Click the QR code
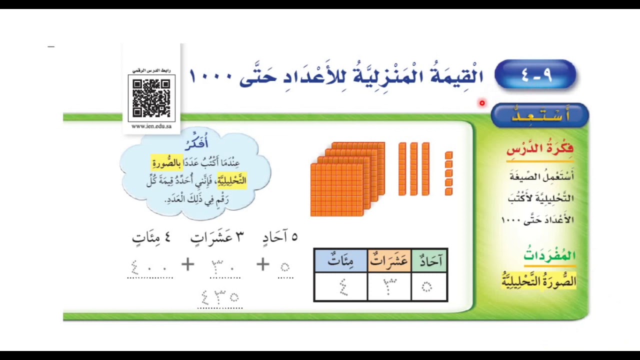[x=151, y=98]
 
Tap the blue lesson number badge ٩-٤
[x=535, y=75]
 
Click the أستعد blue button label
[x=540, y=115]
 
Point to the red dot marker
[x=482, y=103]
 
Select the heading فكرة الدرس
[x=539, y=149]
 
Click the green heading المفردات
[x=549, y=255]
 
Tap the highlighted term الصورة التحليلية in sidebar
[x=539, y=281]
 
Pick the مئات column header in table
[x=340, y=260]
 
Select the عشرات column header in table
[x=389, y=260]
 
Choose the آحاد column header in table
[x=429, y=260]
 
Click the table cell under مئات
[x=340, y=287]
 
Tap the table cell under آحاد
[x=429, y=287]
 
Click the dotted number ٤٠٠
[x=149, y=267]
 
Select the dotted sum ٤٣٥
[x=220, y=297]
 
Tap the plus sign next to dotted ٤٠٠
[x=188, y=264]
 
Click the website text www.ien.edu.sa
[x=151, y=126]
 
